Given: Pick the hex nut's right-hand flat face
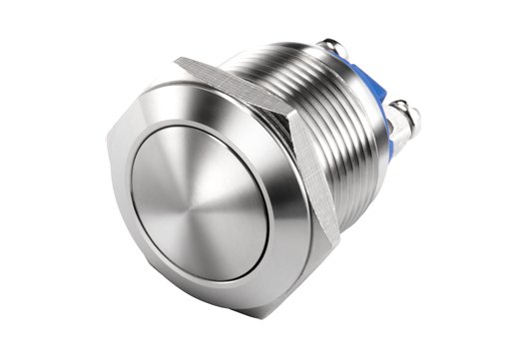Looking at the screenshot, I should tap(317, 175).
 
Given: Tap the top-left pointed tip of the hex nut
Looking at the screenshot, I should tap(178, 62).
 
